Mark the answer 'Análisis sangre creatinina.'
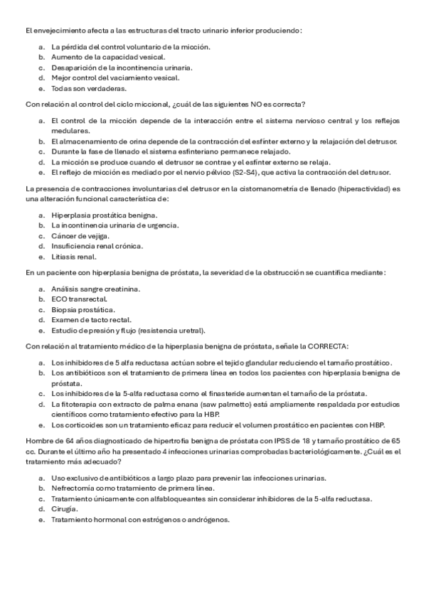tap(96, 289)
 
